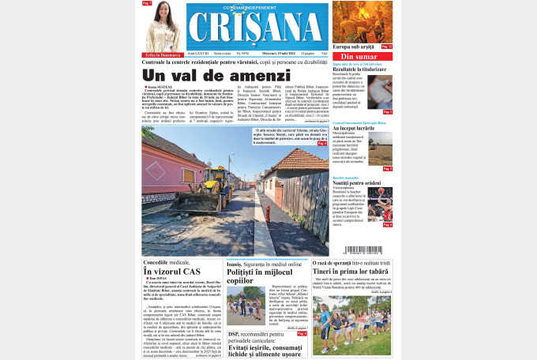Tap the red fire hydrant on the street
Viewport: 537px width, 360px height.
(267, 214)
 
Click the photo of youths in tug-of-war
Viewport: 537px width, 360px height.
(351, 324)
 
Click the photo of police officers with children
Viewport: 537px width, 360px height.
(246, 306)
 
